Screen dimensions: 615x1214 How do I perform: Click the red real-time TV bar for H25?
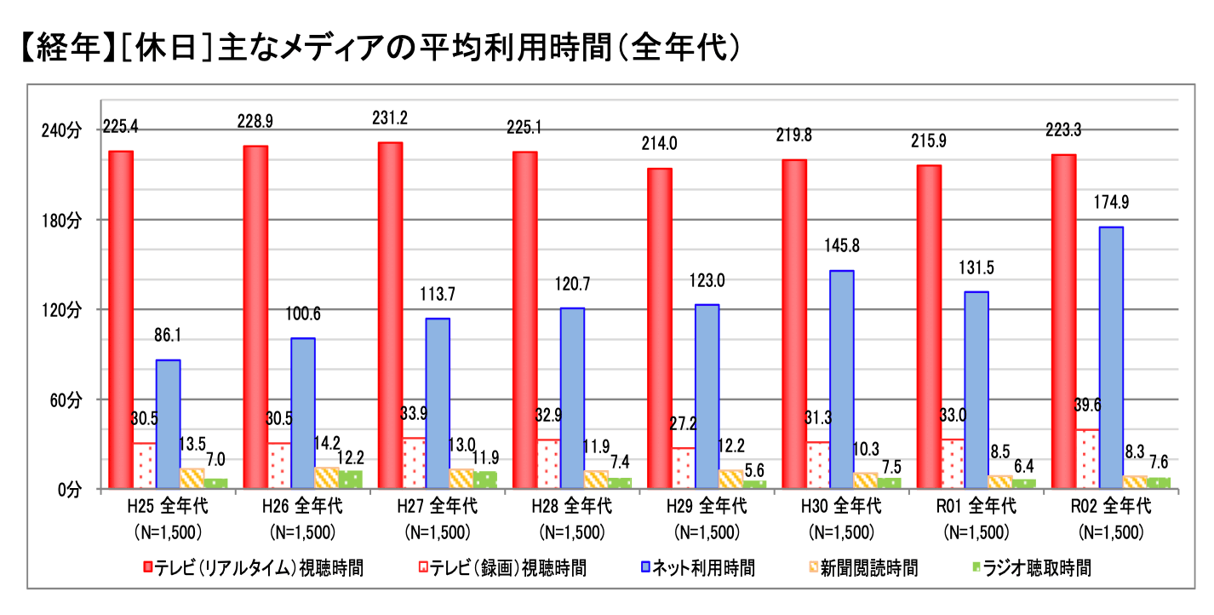[121, 319]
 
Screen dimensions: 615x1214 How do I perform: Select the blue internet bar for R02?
[1111, 358]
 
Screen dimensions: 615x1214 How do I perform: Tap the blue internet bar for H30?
[841, 379]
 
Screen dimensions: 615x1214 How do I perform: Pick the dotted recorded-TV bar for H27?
[415, 463]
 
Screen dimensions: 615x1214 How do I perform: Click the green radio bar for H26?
[350, 480]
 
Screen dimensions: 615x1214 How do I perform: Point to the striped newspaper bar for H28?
[596, 480]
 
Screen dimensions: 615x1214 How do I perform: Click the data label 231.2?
[390, 118]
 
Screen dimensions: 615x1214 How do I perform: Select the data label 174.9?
[1111, 203]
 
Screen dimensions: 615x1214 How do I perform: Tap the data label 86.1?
[169, 336]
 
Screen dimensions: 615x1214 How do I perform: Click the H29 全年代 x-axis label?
[706, 506]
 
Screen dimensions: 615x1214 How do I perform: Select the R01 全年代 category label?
[976, 506]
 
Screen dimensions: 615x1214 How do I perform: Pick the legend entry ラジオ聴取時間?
[1036, 568]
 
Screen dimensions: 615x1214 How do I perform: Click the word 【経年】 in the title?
[65, 49]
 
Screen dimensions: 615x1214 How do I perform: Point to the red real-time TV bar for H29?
[660, 328]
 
